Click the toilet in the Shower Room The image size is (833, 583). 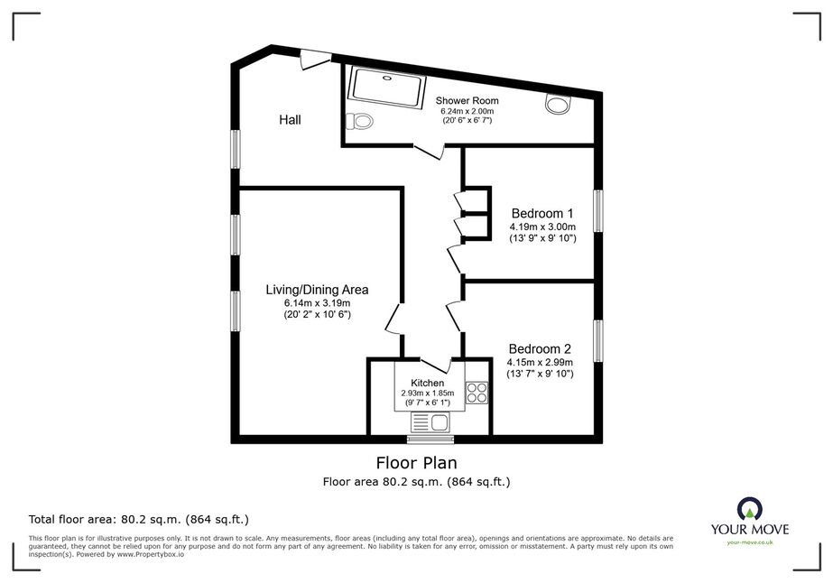pyautogui.click(x=359, y=121)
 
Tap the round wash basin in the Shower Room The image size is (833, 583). pyautogui.click(x=558, y=104)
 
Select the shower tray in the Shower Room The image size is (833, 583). pyautogui.click(x=386, y=88)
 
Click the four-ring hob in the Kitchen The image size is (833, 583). pyautogui.click(x=477, y=393)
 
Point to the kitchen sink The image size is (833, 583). pyautogui.click(x=430, y=423)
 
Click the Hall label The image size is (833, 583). pyautogui.click(x=290, y=120)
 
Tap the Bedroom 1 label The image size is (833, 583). pyautogui.click(x=542, y=214)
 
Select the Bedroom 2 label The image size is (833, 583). pyautogui.click(x=540, y=349)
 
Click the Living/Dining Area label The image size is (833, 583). pyautogui.click(x=317, y=290)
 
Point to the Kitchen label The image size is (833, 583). pyautogui.click(x=428, y=384)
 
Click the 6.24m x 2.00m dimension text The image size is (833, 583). pyautogui.click(x=467, y=112)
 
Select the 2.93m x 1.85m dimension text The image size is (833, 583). pyautogui.click(x=428, y=393)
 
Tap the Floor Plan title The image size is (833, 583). pyautogui.click(x=417, y=463)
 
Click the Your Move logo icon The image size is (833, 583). pyautogui.click(x=750, y=509)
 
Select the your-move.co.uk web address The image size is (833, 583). pyautogui.click(x=750, y=542)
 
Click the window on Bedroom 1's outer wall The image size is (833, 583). pyautogui.click(x=598, y=211)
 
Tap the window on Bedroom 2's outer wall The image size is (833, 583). pyautogui.click(x=598, y=341)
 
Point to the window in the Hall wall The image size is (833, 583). pyautogui.click(x=236, y=149)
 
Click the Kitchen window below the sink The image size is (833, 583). pyautogui.click(x=430, y=440)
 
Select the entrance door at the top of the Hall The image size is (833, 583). pyautogui.click(x=316, y=59)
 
